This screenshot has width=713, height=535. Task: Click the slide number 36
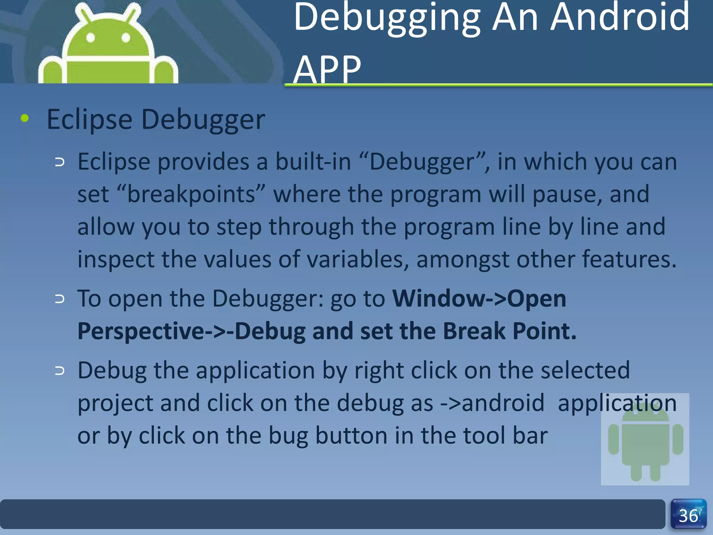688,516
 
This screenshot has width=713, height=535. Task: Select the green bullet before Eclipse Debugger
24,118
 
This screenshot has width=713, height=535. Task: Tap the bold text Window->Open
479,298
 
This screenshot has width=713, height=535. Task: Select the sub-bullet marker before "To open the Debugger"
60,299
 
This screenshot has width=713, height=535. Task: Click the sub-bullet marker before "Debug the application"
60,371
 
